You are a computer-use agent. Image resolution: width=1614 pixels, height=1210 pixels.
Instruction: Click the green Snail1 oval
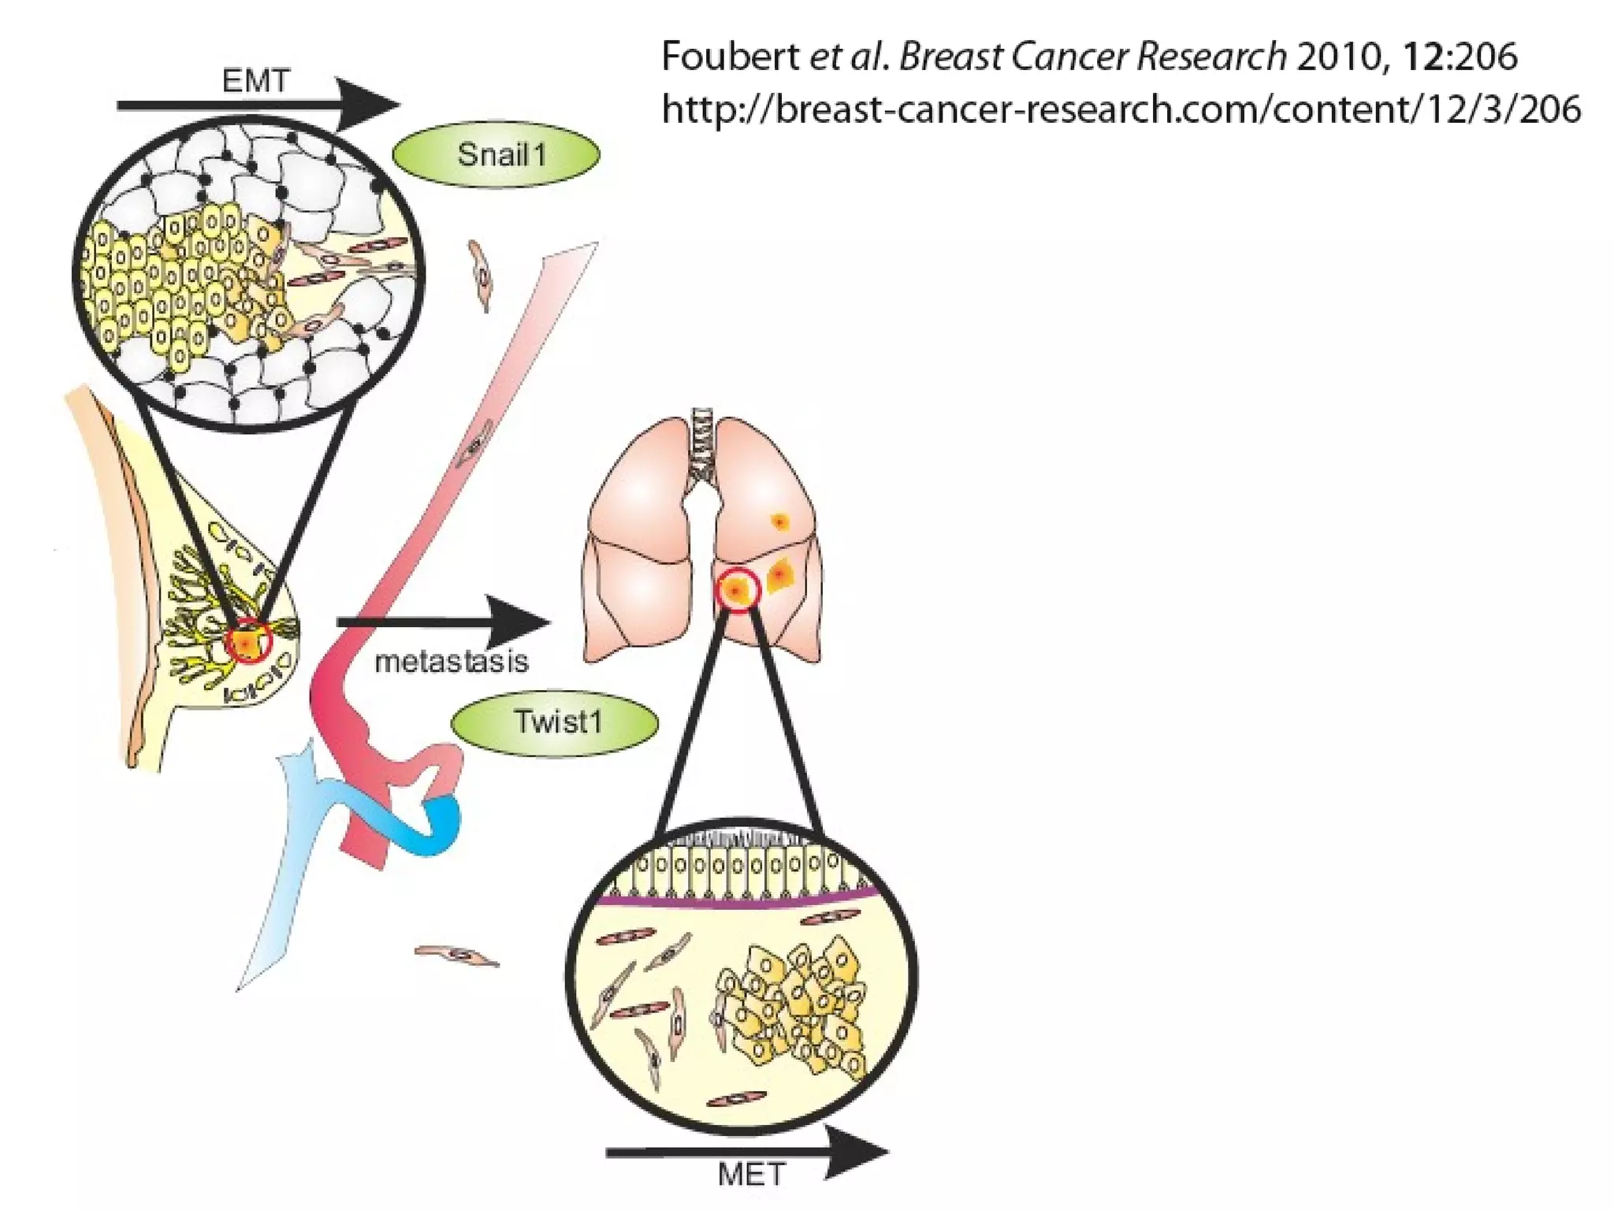pos(496,155)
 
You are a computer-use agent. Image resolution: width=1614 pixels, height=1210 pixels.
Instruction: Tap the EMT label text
pos(256,81)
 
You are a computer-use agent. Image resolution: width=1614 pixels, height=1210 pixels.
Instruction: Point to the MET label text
pos(751,1175)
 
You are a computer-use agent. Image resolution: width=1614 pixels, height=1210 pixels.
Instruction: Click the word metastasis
pos(451,662)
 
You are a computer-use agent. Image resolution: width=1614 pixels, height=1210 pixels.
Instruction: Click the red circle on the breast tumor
pos(248,641)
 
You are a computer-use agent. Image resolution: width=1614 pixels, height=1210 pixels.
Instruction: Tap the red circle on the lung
pos(738,590)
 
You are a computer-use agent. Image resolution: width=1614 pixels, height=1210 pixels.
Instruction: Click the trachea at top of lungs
pos(701,446)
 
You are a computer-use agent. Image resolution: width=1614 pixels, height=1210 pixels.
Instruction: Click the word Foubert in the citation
pos(730,57)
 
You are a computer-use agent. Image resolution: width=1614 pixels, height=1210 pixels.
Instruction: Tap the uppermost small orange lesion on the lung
pos(780,521)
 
